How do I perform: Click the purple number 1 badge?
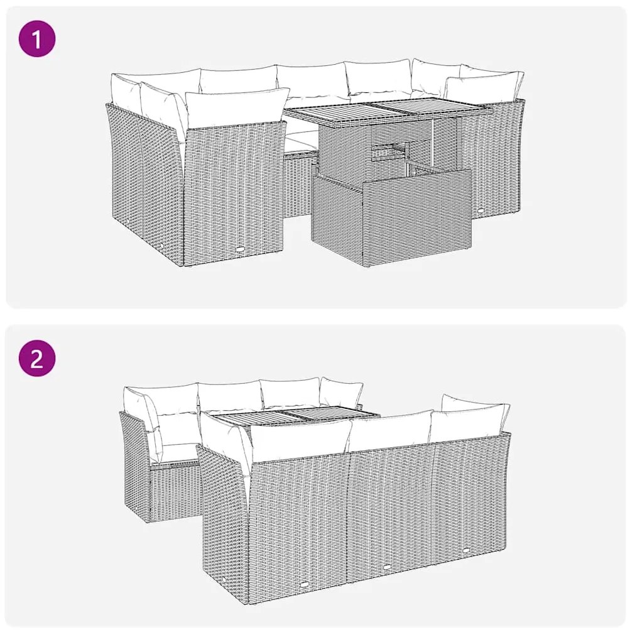[x=37, y=39]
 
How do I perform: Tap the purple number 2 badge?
[x=37, y=358]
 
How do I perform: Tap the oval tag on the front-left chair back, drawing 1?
[x=240, y=249]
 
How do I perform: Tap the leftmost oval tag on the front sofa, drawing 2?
[x=305, y=584]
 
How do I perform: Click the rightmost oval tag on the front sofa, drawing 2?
[x=467, y=549]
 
